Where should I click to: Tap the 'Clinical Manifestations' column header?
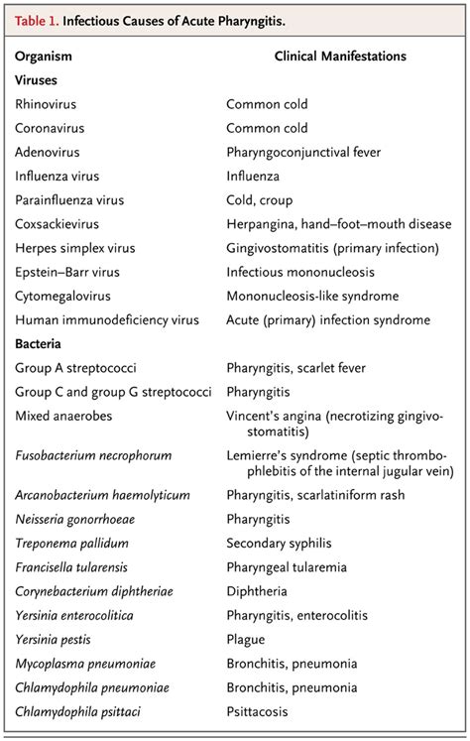pos(340,57)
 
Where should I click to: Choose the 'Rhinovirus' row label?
pos(47,104)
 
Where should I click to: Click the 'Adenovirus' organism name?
pos(49,152)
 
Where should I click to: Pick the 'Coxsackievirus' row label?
pos(59,223)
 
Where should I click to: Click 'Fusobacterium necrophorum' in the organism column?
pos(93,455)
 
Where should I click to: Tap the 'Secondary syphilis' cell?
pos(280,544)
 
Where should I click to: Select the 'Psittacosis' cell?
pos(260,710)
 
